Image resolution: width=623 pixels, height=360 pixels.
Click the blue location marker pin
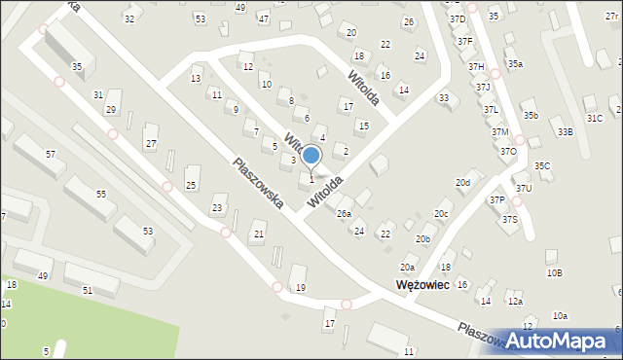(x=311, y=156)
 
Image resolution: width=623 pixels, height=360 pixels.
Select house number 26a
(x=344, y=213)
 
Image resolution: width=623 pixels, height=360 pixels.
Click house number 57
(x=50, y=155)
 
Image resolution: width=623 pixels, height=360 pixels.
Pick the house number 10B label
(x=554, y=273)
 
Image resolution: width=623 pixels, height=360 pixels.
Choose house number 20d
(x=462, y=183)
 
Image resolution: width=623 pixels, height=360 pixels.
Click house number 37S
(x=510, y=220)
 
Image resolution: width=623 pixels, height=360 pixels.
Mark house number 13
(x=196, y=79)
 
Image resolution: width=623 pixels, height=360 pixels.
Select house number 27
(x=151, y=144)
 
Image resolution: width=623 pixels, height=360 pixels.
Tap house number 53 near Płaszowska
(x=148, y=231)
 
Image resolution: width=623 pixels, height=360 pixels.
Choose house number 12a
(x=514, y=302)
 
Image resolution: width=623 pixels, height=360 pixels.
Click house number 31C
(x=594, y=118)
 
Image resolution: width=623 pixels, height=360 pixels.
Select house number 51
(x=88, y=290)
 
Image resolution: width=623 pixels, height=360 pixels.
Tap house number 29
(x=111, y=109)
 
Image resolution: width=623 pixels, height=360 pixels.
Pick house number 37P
(x=497, y=199)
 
